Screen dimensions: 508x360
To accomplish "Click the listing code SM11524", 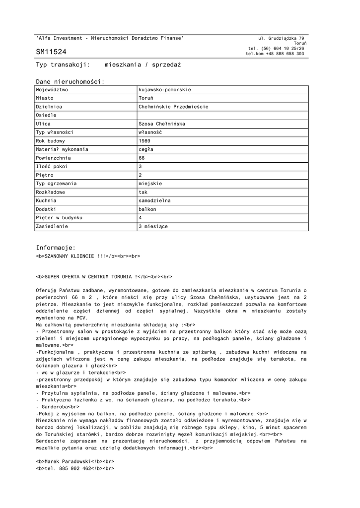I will pos(51,52).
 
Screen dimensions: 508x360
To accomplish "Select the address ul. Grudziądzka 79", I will pos(282,38).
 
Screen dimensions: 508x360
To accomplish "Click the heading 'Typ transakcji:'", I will pos(63,65).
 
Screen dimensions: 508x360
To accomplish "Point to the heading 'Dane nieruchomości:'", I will pos(70,81).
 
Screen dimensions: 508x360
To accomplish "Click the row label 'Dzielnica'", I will pos(49,107).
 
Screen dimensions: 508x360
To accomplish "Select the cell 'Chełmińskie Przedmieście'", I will pos(174,107).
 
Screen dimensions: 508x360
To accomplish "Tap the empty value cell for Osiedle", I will pos(222,115).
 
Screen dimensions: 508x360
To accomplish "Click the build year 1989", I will pos(144,141).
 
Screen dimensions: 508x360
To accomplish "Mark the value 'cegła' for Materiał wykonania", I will pos(146,149).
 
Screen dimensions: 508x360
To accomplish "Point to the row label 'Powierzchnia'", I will pos(55,158).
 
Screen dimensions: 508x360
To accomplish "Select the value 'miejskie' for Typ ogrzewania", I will pos(150,184).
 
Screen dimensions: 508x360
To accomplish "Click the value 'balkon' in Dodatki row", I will pos(147,209).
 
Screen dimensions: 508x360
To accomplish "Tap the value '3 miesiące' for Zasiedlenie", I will pos(153,226).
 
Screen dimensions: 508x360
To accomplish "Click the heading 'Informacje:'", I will pos(56,248).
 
